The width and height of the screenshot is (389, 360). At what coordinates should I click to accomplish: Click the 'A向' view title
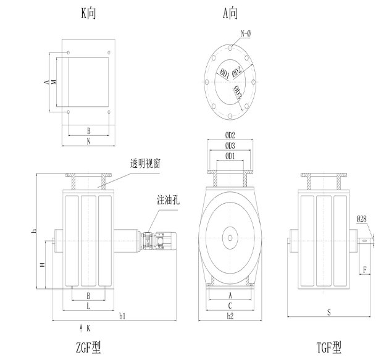tap(231, 12)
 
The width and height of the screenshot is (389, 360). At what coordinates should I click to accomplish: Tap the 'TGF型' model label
tap(328, 348)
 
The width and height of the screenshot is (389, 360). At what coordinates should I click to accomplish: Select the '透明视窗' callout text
tap(146, 164)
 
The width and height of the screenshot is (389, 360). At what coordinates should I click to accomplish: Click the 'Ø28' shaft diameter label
tap(364, 218)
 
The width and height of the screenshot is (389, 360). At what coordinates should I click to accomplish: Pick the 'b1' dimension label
tap(122, 316)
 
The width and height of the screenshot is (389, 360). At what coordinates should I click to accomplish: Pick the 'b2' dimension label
tap(230, 316)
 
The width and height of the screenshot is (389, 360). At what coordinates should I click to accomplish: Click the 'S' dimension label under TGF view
tap(328, 312)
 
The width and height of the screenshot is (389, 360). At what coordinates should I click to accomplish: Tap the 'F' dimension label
tap(366, 270)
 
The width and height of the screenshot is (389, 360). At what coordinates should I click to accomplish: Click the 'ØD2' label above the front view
tap(230, 134)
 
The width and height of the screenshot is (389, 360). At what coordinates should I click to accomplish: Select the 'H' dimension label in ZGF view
tap(42, 264)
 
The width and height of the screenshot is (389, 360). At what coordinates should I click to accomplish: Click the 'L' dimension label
tap(89, 306)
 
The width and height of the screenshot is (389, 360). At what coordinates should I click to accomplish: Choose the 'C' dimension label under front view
tap(230, 305)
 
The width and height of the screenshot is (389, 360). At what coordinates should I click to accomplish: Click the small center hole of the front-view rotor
tap(230, 237)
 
